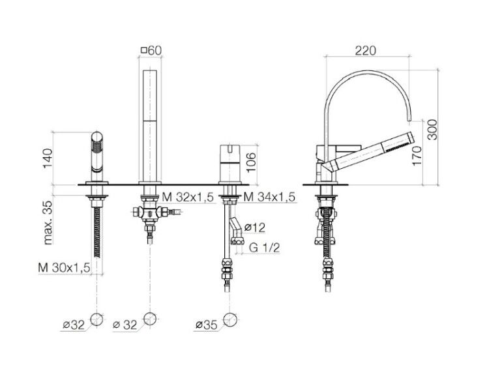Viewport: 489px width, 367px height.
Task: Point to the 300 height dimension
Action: (x=432, y=130)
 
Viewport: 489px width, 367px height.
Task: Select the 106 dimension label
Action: (x=250, y=162)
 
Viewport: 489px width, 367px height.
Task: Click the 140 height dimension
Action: (x=48, y=158)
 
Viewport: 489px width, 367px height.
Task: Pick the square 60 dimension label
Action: (x=151, y=50)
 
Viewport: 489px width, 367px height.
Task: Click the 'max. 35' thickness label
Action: (x=48, y=222)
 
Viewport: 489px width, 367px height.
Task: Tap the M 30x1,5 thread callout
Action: (x=64, y=267)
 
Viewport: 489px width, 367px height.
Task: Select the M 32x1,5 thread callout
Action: (x=188, y=197)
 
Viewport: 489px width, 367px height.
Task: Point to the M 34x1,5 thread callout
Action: (x=269, y=197)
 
